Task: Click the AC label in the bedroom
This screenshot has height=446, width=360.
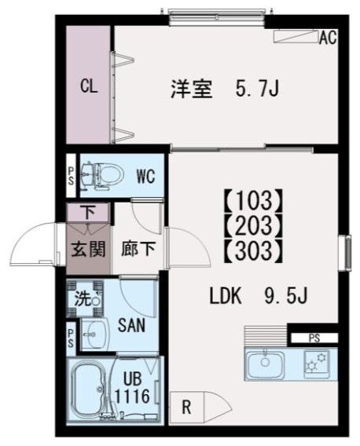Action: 328,37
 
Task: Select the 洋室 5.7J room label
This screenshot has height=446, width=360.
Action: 225,90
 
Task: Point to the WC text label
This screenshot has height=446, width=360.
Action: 145,176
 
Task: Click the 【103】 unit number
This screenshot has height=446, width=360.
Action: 252,196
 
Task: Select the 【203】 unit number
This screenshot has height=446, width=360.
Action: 252,224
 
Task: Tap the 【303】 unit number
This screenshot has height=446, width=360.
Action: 252,251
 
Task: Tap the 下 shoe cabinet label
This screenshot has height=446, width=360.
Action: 88,210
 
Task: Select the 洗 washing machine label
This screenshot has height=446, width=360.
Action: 83,298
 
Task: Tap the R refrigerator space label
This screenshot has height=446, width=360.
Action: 186,408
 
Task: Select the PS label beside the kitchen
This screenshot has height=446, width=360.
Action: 314,338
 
